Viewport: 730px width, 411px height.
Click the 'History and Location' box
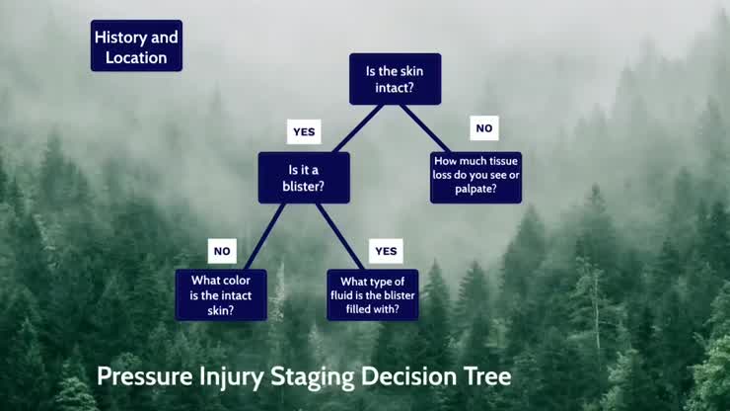coord(136,46)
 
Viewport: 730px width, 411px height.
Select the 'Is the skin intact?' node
coord(395,79)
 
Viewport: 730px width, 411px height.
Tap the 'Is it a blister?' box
coord(304,177)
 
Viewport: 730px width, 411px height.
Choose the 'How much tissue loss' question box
coord(475,177)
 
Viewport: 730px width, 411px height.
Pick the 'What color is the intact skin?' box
coord(221,294)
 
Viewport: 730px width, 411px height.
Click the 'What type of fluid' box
coord(372,294)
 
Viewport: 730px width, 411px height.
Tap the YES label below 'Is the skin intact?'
coord(304,130)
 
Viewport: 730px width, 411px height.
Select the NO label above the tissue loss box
coord(483,128)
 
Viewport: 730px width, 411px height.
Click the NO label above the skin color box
coord(222,251)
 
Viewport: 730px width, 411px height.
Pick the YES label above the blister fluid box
coord(386,251)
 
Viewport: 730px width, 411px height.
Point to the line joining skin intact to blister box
coord(357,128)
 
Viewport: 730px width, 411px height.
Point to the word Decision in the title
coord(406,377)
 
